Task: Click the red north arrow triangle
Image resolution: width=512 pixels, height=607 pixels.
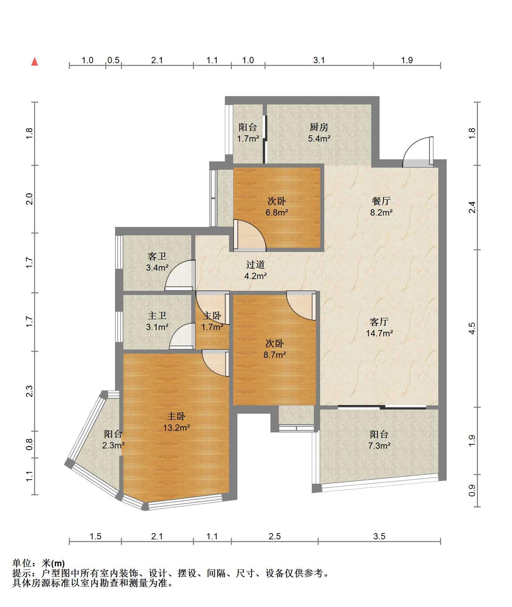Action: (34, 62)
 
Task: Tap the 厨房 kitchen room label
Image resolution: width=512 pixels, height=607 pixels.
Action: (319, 127)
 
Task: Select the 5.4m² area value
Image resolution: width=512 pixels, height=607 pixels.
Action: (319, 139)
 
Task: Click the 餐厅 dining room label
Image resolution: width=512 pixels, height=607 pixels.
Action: (381, 201)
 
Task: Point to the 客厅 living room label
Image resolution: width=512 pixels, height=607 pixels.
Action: (379, 322)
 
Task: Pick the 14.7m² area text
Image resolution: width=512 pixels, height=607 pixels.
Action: (379, 334)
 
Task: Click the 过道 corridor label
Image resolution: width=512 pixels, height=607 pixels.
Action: (255, 265)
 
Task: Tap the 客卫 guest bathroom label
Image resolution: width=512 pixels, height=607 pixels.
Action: (157, 256)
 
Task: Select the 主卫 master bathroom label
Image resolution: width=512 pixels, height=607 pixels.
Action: (157, 315)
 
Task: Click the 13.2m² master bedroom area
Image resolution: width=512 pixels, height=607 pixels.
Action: (176, 428)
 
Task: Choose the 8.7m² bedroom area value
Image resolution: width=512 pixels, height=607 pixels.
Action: (275, 355)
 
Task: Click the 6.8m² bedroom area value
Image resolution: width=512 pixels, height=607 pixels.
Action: (277, 212)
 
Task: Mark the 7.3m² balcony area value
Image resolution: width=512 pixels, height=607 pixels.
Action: (379, 446)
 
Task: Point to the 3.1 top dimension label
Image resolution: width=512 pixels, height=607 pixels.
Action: (319, 60)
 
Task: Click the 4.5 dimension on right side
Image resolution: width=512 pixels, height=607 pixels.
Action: (472, 328)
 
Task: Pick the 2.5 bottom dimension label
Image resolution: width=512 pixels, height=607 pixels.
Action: (275, 536)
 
